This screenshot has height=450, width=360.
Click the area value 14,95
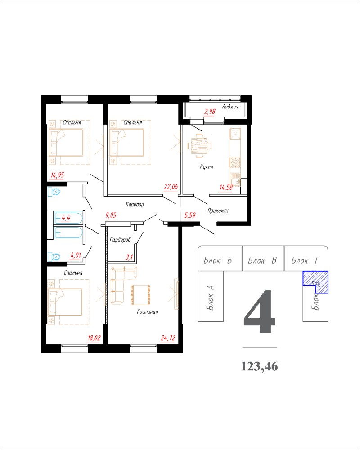pyautogui.click(x=58, y=175)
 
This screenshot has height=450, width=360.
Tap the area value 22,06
pyautogui.click(x=171, y=187)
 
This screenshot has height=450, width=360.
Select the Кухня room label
pyautogui.click(x=207, y=167)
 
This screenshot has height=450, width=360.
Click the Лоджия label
pyautogui.click(x=230, y=107)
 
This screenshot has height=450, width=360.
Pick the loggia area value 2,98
pyautogui.click(x=210, y=111)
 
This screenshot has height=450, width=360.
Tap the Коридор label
pyautogui.click(x=135, y=204)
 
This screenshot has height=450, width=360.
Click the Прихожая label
pyautogui.click(x=218, y=211)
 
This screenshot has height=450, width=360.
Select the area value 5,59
pyautogui.click(x=190, y=215)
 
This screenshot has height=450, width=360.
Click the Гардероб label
pyautogui.click(x=120, y=240)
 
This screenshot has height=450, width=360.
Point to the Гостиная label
pyautogui.click(x=148, y=312)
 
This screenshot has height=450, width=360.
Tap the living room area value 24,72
pyautogui.click(x=168, y=338)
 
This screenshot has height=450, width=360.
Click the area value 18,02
pyautogui.click(x=94, y=338)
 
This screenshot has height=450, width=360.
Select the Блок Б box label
pyautogui.click(x=218, y=260)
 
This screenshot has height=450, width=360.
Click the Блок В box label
pyautogui.click(x=262, y=260)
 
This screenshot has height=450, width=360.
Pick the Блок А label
pyautogui.click(x=211, y=297)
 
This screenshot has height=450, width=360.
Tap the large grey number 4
pyautogui.click(x=260, y=311)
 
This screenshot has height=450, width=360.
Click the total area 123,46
pyautogui.click(x=259, y=366)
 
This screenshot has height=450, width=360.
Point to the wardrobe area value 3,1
pyautogui.click(x=130, y=257)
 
